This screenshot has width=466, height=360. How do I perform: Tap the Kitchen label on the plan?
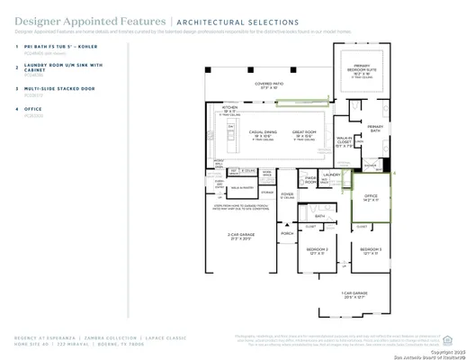(x=230, y=107)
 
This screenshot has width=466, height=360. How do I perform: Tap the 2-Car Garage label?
(x=238, y=237)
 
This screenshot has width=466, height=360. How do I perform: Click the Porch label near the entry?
(x=287, y=233)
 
